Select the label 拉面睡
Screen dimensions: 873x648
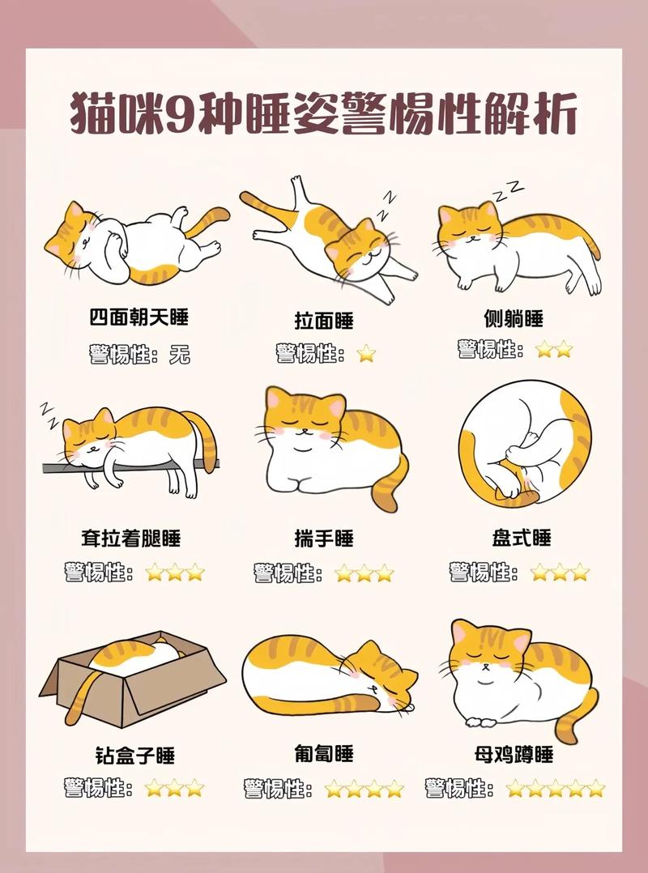[324, 321]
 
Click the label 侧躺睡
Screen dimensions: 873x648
[512, 317]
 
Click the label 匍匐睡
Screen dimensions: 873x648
[324, 754]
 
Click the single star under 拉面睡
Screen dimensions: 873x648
[366, 353]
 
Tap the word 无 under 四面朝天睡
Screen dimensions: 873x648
[180, 355]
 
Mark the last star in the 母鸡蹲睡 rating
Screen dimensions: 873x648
[596, 788]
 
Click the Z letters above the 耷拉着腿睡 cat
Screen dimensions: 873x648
[49, 414]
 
